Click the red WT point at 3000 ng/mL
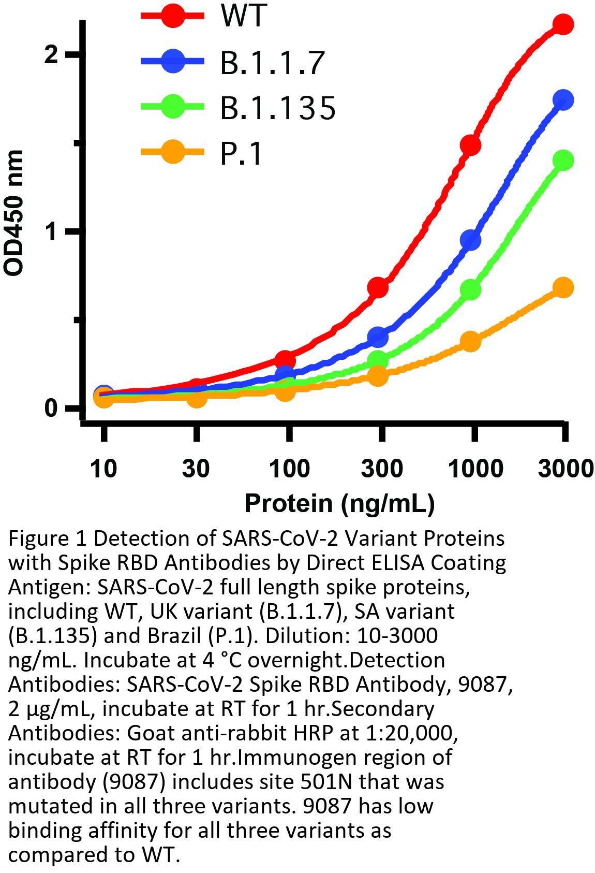coord(563,24)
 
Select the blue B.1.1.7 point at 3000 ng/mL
coord(563,100)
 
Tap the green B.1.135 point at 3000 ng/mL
coord(563,160)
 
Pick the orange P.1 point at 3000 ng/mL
coord(563,287)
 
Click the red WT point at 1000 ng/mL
coord(470,145)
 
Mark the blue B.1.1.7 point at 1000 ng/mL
coord(470,240)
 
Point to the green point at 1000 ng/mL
coord(470,290)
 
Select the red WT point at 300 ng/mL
coord(378,287)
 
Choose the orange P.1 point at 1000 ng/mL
coord(470,341)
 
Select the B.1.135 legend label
coord(278,108)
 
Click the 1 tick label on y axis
coord(51,231)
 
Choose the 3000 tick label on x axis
coord(565,469)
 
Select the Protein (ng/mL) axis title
coord(339,503)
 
